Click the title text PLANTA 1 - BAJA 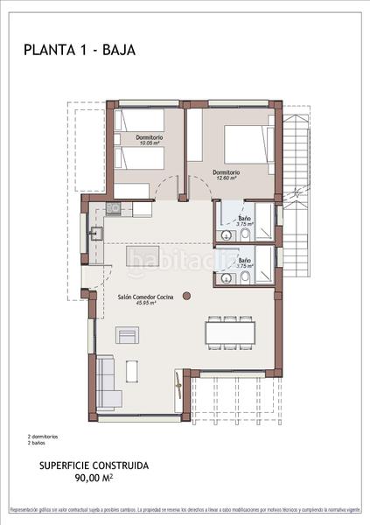click(80, 51)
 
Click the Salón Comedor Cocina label click(145, 297)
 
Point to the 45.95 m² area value click(145, 304)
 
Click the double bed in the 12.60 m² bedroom click(246, 143)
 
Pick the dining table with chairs click(232, 333)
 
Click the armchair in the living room click(127, 335)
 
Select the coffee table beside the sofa click(132, 371)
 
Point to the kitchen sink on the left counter click(96, 233)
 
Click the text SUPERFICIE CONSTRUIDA click(94, 466)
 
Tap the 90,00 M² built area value click(94, 479)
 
